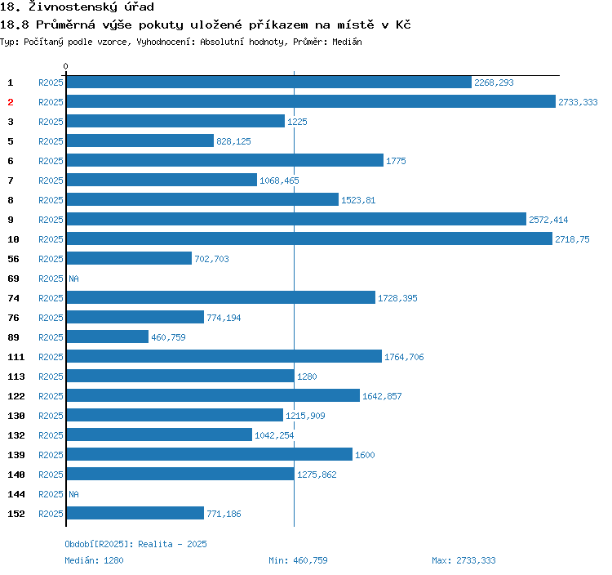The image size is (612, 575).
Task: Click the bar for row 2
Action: coord(310,102)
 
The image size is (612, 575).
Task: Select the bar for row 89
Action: coord(107,337)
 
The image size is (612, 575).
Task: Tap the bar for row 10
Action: coord(309,239)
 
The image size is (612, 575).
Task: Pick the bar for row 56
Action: coord(129,259)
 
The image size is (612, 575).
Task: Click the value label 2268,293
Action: coord(494,82)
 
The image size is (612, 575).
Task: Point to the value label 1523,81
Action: coord(358,200)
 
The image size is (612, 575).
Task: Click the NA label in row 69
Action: coord(73,279)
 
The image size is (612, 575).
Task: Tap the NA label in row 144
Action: coord(73,494)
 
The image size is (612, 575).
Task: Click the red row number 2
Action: coord(11,102)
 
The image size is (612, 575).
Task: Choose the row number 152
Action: coord(16,514)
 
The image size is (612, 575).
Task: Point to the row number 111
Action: coord(16,357)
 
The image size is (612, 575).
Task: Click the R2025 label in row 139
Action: coord(51,455)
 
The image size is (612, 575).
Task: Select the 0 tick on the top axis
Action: coord(66,66)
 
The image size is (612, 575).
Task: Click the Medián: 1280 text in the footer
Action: coord(94,560)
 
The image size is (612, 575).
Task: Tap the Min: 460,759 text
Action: coord(298,560)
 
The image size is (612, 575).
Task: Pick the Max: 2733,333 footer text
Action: coord(463,560)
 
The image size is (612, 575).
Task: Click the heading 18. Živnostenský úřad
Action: coord(77,7)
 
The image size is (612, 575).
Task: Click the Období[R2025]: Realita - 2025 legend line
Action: coord(130,544)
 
